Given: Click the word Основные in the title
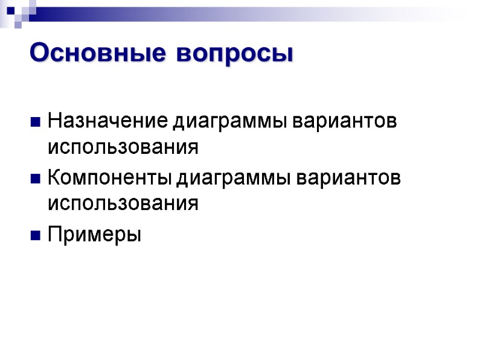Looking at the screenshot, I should point(97,53).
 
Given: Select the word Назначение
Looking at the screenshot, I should point(109,121).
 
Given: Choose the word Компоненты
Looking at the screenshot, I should point(110,178).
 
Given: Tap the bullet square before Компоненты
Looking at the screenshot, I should point(35,179).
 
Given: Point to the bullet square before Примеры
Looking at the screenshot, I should point(35,235).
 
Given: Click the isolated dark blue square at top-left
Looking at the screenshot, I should point(10,10).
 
